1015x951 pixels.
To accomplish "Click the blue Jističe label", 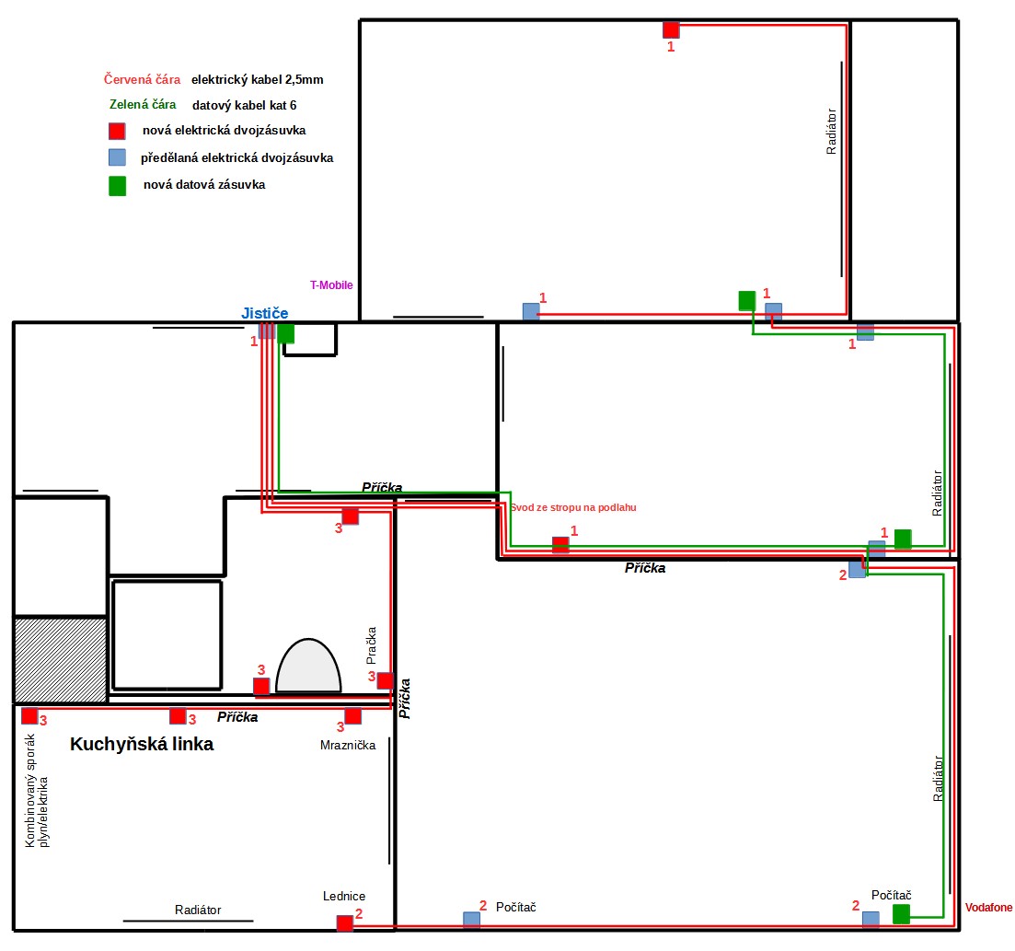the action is click(x=265, y=314).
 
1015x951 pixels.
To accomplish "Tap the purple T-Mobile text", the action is click(x=331, y=285).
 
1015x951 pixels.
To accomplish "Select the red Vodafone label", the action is click(x=988, y=908).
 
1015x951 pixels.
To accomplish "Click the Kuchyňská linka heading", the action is click(x=142, y=745).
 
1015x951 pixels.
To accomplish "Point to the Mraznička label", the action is click(x=348, y=746).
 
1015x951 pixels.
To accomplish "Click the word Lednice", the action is click(x=344, y=896).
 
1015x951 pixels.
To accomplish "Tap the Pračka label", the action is click(x=371, y=645).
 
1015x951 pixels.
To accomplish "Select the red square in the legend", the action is click(x=117, y=131).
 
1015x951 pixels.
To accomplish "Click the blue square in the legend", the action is click(x=117, y=157).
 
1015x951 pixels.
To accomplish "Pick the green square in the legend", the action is click(x=117, y=186).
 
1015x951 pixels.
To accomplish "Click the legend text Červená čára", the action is click(x=142, y=80).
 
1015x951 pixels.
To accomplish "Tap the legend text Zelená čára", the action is click(x=143, y=104).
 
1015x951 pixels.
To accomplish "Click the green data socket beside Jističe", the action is click(x=285, y=333).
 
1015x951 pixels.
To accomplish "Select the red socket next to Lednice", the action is click(x=345, y=923).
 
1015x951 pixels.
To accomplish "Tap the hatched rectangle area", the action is click(x=61, y=660).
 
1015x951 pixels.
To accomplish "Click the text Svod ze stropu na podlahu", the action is click(x=573, y=507).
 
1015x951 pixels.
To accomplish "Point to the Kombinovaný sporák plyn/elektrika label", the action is click(x=36, y=791).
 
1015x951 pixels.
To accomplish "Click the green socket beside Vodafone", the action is click(x=901, y=914).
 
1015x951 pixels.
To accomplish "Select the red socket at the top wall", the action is click(x=671, y=29).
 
